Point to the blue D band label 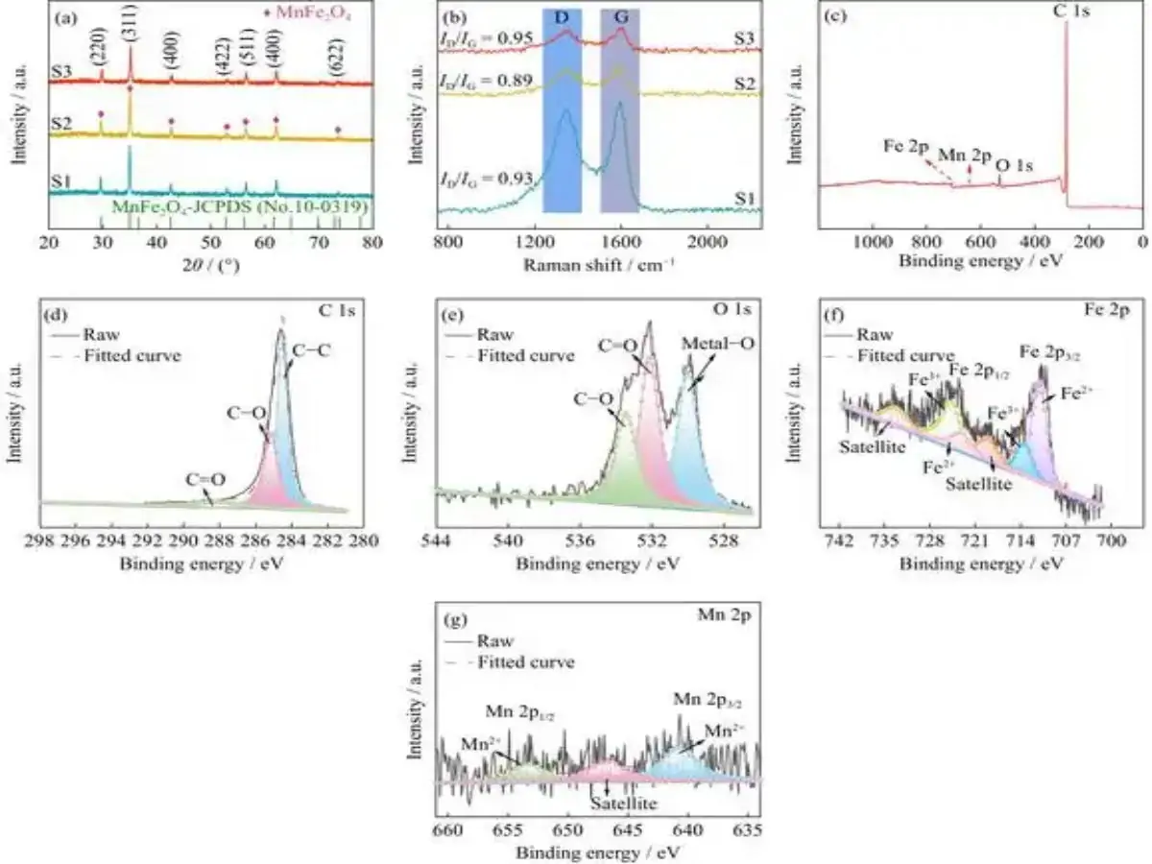[562, 18]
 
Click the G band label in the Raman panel [619, 18]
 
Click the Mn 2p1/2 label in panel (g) [519, 712]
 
